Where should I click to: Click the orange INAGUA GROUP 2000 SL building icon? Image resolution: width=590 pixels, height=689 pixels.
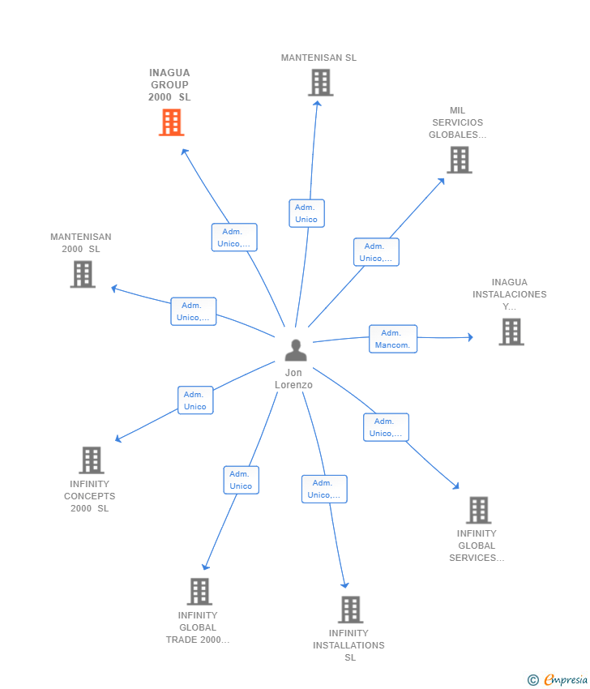click(171, 122)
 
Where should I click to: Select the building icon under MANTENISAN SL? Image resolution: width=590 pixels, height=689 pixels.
click(321, 83)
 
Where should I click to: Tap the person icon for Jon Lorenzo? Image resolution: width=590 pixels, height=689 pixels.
click(296, 350)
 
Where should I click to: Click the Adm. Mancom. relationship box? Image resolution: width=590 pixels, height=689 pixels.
click(393, 339)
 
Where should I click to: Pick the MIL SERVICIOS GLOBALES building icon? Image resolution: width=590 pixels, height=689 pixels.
click(460, 160)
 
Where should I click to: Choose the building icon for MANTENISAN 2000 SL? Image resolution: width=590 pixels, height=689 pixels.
click(83, 274)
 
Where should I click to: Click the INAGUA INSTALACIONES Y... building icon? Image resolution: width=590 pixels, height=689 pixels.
click(511, 332)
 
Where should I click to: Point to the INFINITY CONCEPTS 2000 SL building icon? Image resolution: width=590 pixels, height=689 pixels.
click(92, 460)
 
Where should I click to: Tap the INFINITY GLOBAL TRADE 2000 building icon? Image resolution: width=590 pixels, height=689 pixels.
click(199, 592)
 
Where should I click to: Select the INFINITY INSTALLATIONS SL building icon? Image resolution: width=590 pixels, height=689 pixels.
click(351, 610)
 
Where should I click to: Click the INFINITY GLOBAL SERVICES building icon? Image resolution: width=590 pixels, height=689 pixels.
click(478, 510)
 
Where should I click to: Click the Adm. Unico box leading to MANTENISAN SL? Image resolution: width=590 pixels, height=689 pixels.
click(306, 213)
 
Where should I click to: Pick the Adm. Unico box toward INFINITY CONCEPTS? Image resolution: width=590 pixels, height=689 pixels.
click(195, 400)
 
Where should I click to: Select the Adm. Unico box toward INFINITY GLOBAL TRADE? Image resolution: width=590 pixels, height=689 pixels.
click(242, 480)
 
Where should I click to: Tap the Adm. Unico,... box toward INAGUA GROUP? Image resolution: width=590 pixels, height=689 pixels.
click(234, 238)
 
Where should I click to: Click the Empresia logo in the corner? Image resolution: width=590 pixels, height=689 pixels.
click(558, 680)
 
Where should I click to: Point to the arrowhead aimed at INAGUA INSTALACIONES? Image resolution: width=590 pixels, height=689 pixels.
click(471, 337)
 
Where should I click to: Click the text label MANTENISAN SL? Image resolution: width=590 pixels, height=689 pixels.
click(319, 58)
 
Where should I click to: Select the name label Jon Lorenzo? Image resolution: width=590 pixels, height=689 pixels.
click(293, 379)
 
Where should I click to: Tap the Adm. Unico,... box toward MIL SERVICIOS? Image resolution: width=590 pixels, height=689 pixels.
click(377, 252)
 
